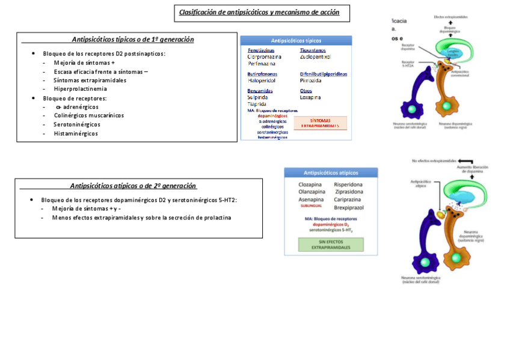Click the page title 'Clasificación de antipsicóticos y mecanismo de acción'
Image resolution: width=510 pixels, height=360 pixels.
259,13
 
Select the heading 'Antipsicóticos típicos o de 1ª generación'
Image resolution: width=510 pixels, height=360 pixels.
133,40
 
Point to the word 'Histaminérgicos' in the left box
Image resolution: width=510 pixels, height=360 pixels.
76,133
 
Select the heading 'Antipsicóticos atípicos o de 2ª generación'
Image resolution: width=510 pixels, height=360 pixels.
133,186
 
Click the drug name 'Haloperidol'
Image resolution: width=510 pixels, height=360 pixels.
262,80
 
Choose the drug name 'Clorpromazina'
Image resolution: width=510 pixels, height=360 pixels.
265,57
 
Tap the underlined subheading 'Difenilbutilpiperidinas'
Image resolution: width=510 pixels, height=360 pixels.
324,74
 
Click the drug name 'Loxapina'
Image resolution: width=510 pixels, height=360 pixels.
310,97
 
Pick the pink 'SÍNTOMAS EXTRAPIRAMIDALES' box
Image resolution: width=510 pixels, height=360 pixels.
320,123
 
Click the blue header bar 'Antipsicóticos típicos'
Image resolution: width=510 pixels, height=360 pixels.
296,41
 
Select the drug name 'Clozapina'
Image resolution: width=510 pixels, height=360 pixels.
310,185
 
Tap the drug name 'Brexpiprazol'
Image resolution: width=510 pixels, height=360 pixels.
349,207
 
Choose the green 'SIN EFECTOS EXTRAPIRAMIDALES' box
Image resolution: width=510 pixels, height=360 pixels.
331,244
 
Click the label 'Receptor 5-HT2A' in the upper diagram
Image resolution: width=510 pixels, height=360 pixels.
409,64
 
